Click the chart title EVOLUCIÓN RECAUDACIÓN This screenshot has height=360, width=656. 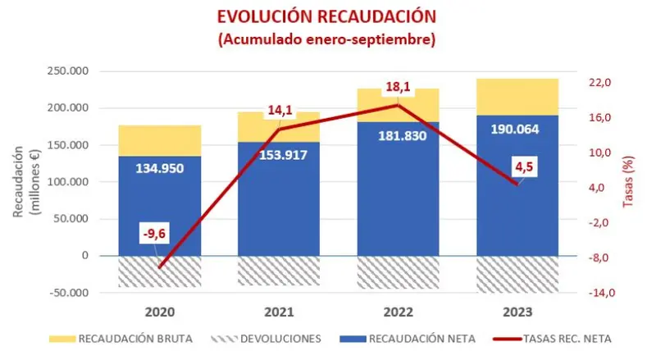coord(326,16)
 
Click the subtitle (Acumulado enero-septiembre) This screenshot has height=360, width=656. coord(326,39)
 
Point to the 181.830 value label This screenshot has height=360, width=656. coord(399,135)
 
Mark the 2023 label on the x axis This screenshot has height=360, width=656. coord(518,312)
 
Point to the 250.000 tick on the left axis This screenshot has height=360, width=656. coord(70,71)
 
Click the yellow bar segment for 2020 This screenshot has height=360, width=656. coord(159,140)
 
